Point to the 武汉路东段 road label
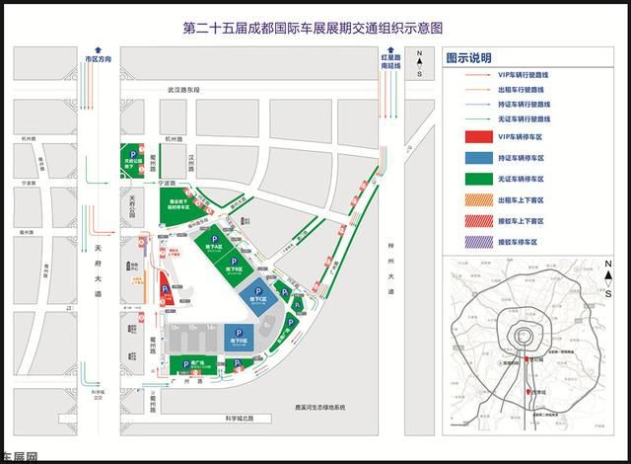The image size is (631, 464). tap(182, 91)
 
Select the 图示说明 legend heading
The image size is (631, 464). tap(469, 58)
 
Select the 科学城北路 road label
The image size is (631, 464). tap(240, 418)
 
